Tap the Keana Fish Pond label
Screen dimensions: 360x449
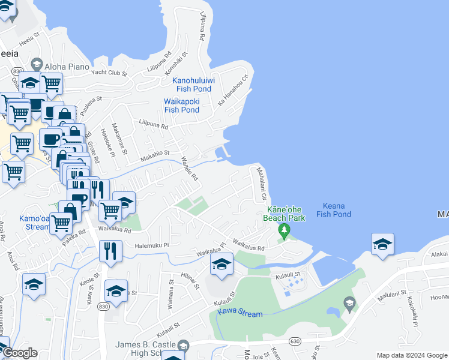(x=333, y=209)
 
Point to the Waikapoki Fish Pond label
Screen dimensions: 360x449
(x=182, y=106)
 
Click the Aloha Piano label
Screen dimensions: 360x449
(x=69, y=66)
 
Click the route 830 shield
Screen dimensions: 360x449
(x=103, y=306)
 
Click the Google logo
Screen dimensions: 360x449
(x=19, y=353)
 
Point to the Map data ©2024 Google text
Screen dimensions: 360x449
(x=412, y=355)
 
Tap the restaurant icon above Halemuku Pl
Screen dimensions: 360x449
(x=110, y=251)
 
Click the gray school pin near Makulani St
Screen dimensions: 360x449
(x=349, y=305)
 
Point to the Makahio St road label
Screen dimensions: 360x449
(x=155, y=157)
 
